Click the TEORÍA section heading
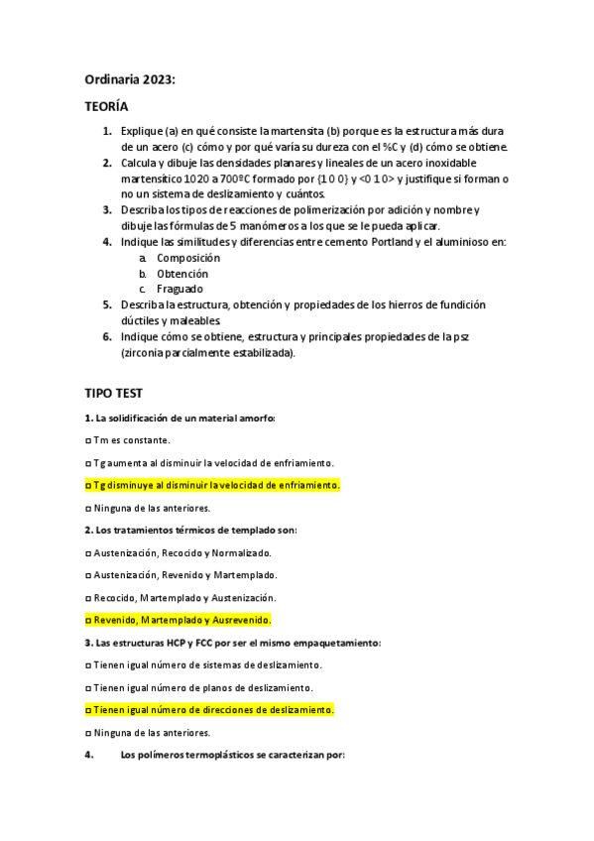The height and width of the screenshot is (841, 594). [x=105, y=106]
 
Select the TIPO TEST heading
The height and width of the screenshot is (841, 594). [x=115, y=394]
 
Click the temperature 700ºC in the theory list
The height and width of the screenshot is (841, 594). [x=226, y=179]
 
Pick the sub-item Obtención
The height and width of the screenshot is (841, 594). [x=182, y=273]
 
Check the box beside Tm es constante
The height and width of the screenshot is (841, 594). [x=88, y=440]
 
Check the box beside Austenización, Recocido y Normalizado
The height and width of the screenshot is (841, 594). [x=88, y=552]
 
